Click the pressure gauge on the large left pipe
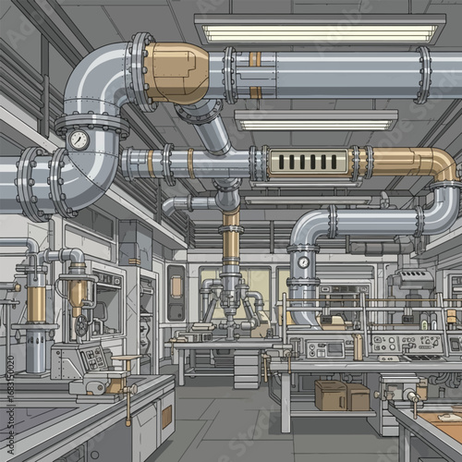pyautogui.click(x=79, y=140)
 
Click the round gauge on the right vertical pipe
pyautogui.click(x=303, y=262)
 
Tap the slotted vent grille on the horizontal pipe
pyautogui.click(x=306, y=163)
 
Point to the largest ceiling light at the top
pyautogui.click(x=319, y=31)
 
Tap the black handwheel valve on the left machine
pyautogui.click(x=82, y=326)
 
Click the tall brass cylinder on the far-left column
pyautogui.click(x=35, y=301)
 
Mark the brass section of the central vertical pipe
pyautogui.click(x=230, y=242)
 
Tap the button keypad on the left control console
pyautogui.click(x=93, y=359)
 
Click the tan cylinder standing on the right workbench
pyautogui.click(x=358, y=347)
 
